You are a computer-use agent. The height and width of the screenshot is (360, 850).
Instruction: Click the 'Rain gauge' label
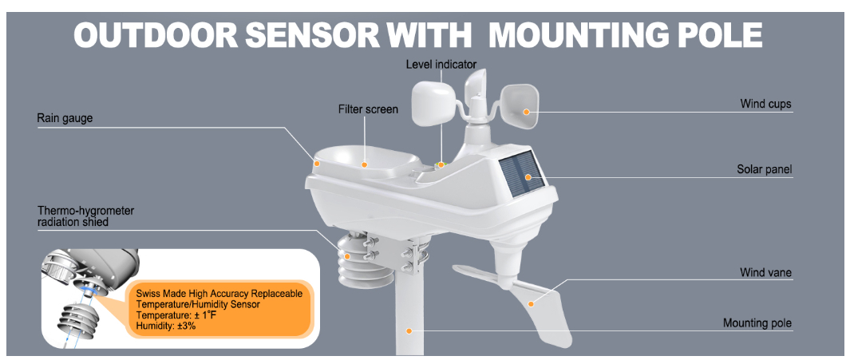[65, 119]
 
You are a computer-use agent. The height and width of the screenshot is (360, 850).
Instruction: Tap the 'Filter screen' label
[368, 109]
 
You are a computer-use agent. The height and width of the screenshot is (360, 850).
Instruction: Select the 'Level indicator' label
[441, 64]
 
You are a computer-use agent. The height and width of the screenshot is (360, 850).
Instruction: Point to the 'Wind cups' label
[765, 104]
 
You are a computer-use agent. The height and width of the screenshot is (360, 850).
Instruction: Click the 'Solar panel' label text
[764, 169]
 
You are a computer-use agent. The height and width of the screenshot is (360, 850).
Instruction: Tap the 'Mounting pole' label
[757, 323]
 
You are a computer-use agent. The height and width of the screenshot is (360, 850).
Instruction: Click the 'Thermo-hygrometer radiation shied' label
[86, 216]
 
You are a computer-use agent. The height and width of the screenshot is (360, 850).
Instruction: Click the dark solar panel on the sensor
[520, 176]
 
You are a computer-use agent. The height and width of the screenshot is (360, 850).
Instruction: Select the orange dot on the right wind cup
[526, 112]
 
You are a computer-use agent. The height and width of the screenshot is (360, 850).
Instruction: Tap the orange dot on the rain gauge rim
[317, 163]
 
